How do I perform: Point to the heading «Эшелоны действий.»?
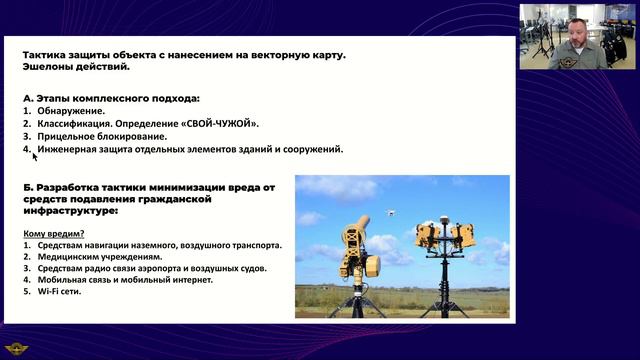(75, 67)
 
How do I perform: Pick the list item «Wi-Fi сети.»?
(59, 292)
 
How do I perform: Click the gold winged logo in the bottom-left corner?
(18, 347)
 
